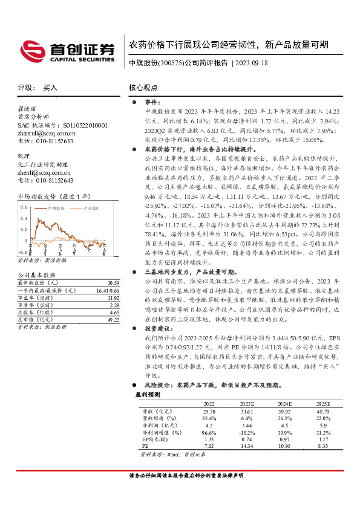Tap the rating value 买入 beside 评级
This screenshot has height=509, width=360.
50,88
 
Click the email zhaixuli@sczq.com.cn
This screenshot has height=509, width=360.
47,133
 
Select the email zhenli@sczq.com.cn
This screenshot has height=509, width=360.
44,172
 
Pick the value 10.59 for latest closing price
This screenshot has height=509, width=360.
112,283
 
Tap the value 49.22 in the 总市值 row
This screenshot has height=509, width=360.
112,320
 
